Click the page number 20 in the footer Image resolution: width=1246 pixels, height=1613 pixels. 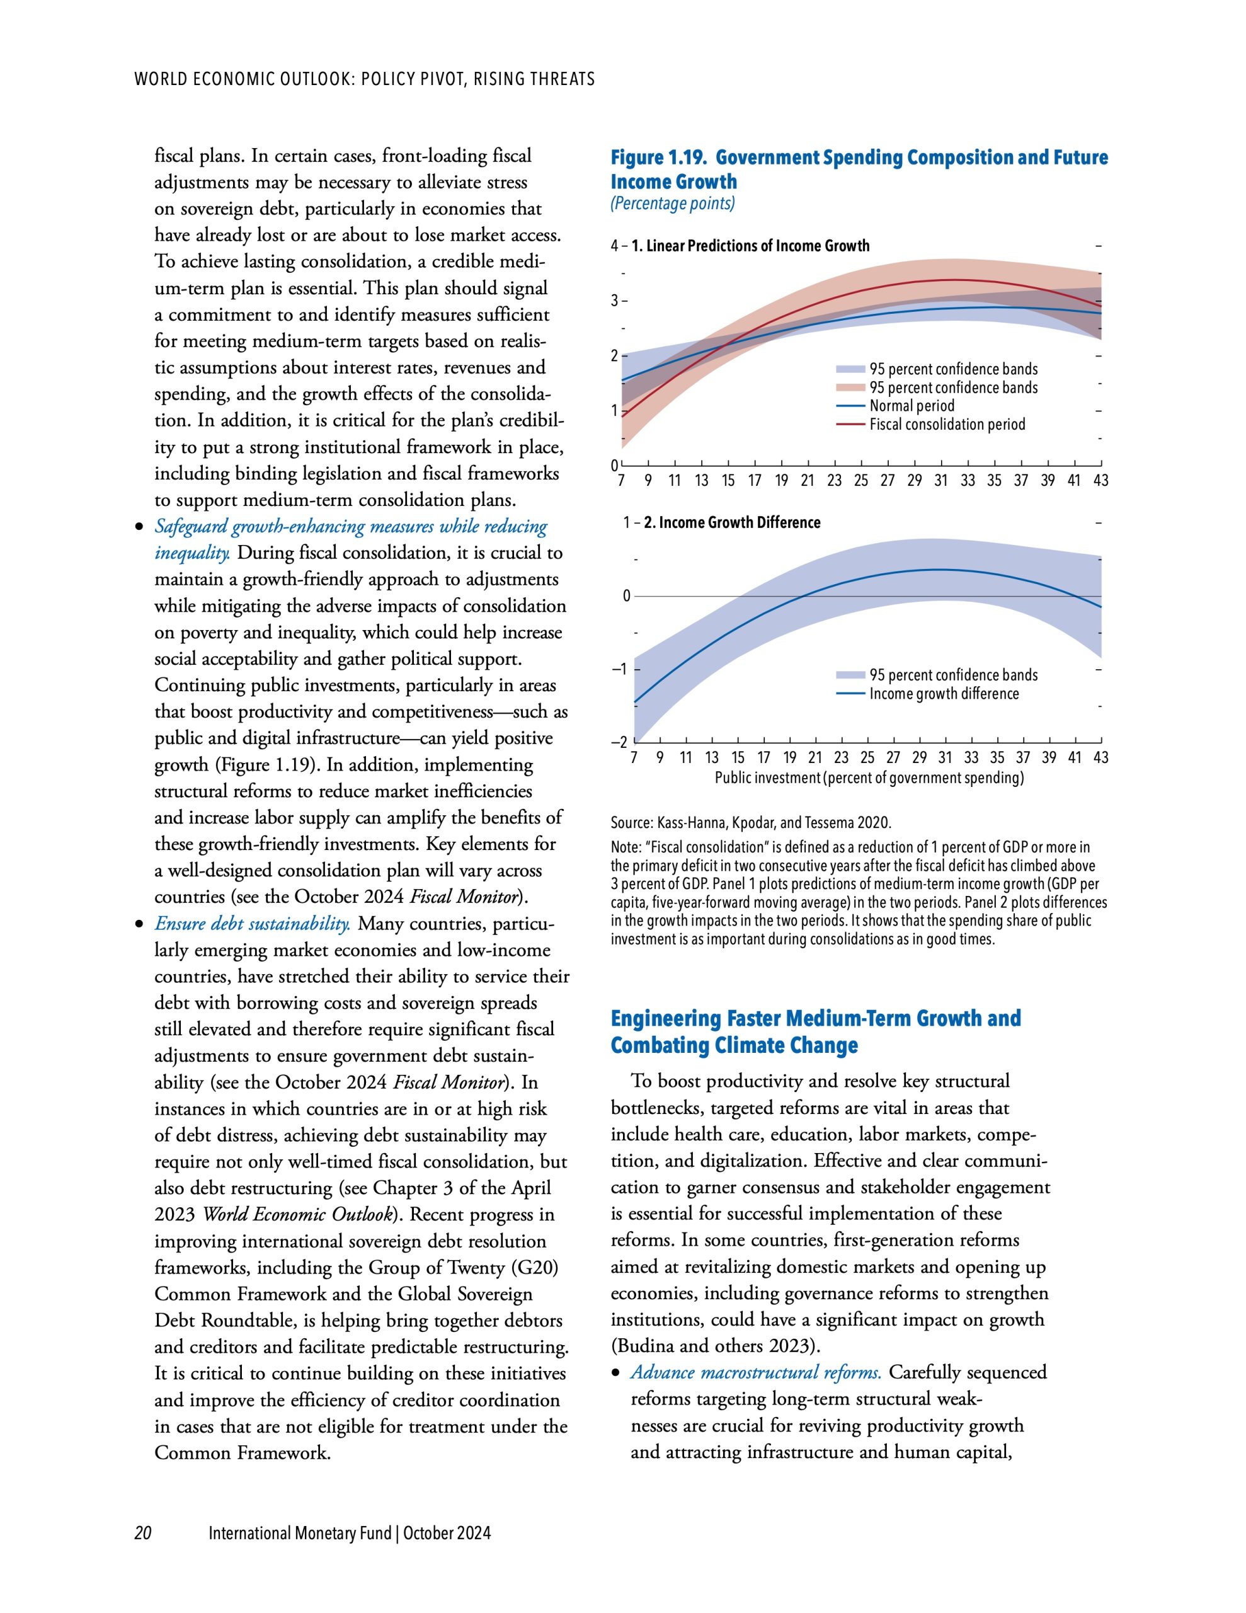(142, 1533)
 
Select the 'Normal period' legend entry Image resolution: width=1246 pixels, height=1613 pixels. (911, 406)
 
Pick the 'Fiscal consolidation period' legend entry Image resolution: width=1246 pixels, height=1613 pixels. (947, 425)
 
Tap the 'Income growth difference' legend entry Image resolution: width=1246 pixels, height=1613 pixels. (943, 694)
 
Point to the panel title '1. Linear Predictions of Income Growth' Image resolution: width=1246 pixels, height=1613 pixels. (750, 246)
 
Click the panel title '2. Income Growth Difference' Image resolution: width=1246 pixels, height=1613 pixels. (731, 523)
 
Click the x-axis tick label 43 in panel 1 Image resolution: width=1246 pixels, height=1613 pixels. (1100, 481)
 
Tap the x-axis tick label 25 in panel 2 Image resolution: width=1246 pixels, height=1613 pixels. (867, 758)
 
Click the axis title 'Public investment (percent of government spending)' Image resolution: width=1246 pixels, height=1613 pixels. (869, 778)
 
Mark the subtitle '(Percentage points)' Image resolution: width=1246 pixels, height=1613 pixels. (672, 204)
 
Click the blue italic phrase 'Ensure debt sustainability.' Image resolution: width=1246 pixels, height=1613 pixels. (252, 924)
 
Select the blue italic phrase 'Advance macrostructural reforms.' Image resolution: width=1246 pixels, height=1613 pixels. (755, 1373)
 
